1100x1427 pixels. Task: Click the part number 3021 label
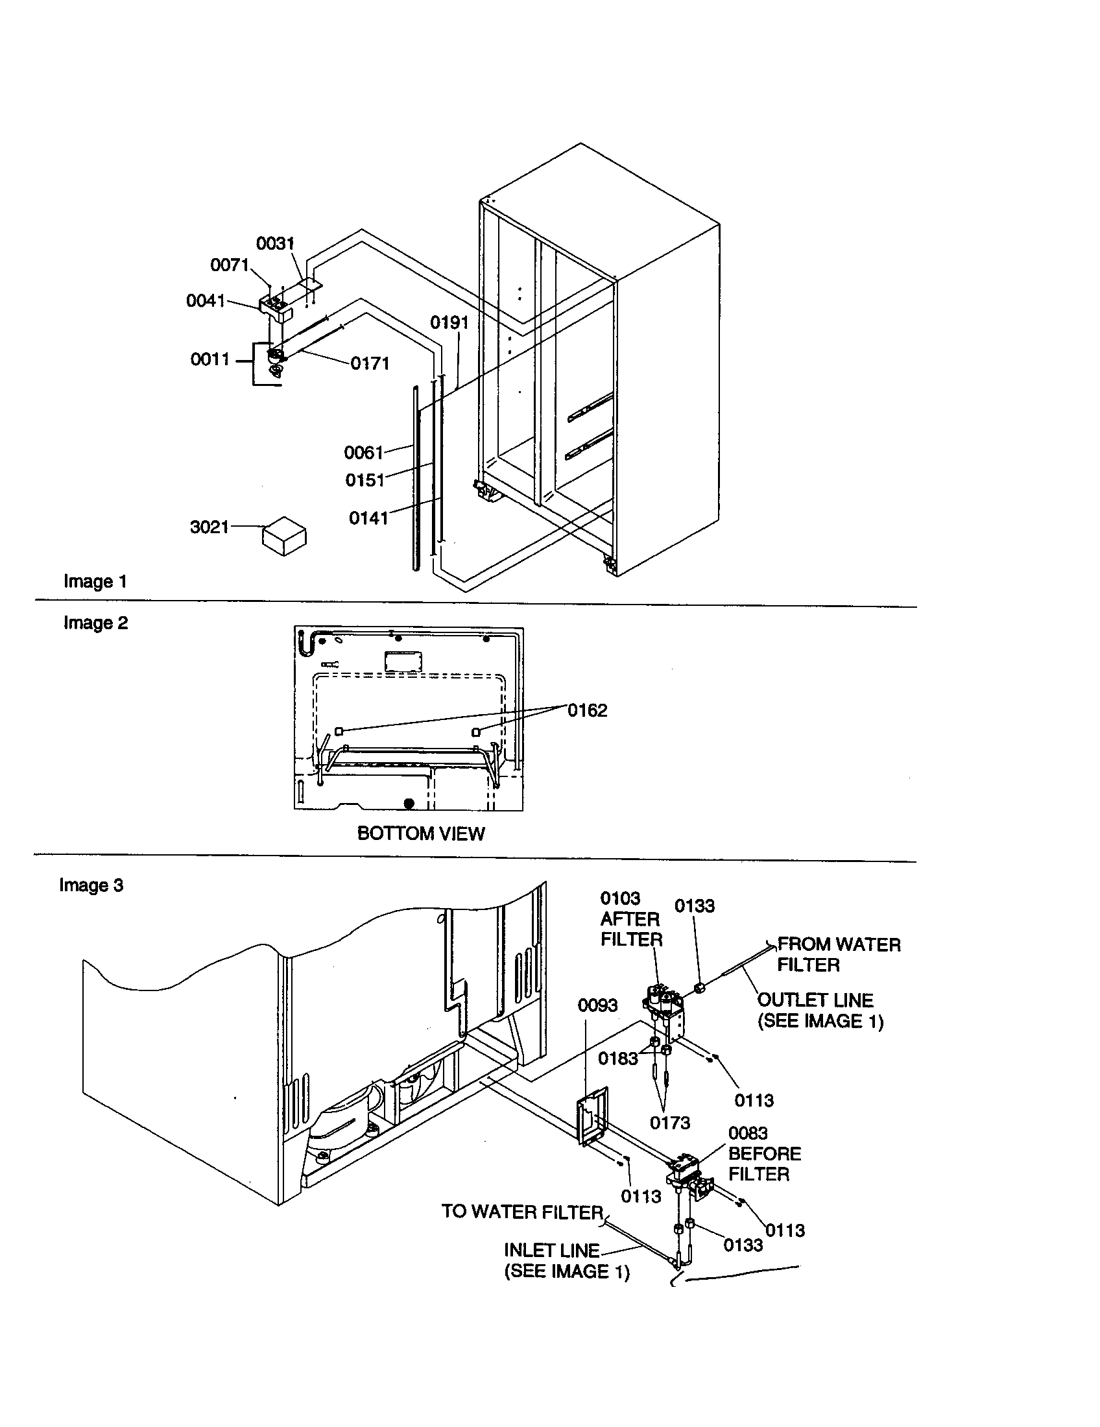pyautogui.click(x=209, y=527)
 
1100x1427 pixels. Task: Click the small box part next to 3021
pyautogui.click(x=284, y=536)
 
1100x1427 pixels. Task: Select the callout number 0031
pyautogui.click(x=275, y=244)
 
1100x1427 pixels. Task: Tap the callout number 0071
pyautogui.click(x=230, y=265)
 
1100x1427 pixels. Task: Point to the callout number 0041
pyautogui.click(x=205, y=300)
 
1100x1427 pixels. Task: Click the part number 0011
pyautogui.click(x=209, y=359)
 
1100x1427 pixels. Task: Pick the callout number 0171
pyautogui.click(x=370, y=364)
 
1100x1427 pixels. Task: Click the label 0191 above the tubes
pyautogui.click(x=449, y=323)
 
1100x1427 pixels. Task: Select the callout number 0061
pyautogui.click(x=363, y=452)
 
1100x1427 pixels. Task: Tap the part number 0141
pyautogui.click(x=368, y=518)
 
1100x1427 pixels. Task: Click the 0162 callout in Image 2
pyautogui.click(x=586, y=710)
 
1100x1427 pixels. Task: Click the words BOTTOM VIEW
pyautogui.click(x=421, y=833)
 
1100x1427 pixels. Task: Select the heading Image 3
pyautogui.click(x=91, y=885)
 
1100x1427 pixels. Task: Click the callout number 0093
pyautogui.click(x=597, y=1005)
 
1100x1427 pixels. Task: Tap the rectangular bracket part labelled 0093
pyautogui.click(x=592, y=1118)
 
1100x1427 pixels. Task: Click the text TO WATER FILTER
pyautogui.click(x=522, y=1212)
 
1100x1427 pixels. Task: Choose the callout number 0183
pyautogui.click(x=617, y=1059)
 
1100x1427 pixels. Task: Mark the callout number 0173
pyautogui.click(x=669, y=1123)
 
